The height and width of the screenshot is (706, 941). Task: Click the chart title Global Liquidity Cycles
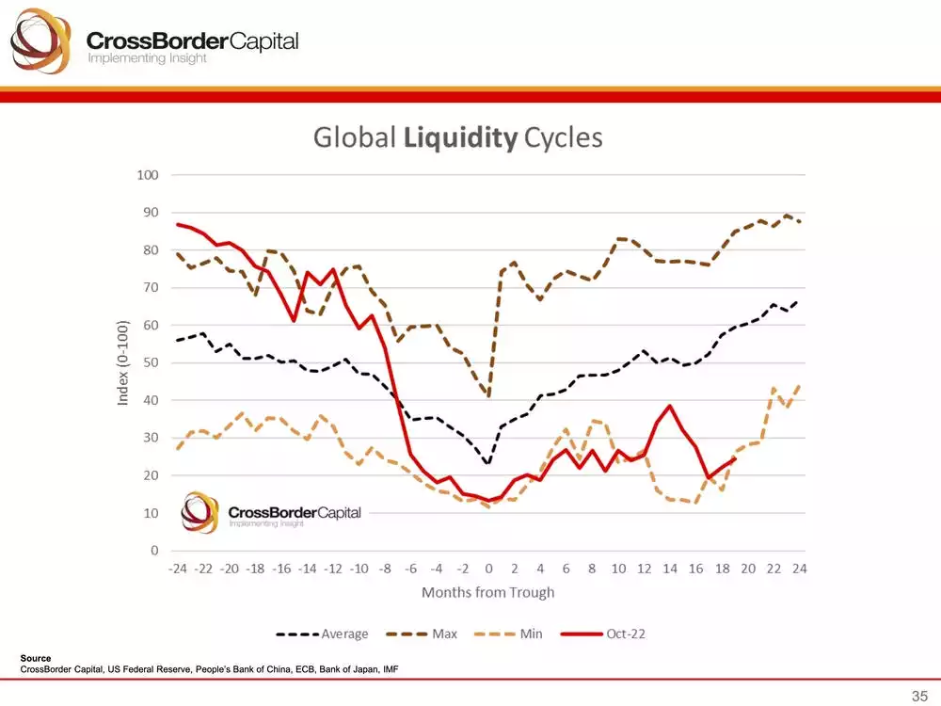tap(457, 137)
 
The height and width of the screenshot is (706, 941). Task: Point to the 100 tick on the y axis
tap(148, 175)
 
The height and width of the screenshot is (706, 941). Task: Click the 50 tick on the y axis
tap(151, 362)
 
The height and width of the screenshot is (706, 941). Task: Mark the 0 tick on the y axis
tap(154, 551)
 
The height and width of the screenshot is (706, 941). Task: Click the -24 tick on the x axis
tap(177, 569)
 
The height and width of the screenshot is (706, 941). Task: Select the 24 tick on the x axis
tap(800, 569)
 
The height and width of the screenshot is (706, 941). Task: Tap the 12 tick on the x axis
tap(645, 569)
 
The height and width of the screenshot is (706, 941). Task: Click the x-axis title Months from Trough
tap(487, 593)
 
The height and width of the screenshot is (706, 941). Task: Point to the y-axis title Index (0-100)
tap(122, 362)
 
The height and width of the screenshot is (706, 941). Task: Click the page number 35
tap(918, 695)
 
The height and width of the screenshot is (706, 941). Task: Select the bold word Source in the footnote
tap(35, 658)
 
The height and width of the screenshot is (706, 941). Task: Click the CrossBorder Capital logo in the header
tap(155, 42)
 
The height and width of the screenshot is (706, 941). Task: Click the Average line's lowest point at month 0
tap(488, 463)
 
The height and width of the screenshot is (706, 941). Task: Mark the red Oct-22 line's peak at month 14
tap(670, 406)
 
